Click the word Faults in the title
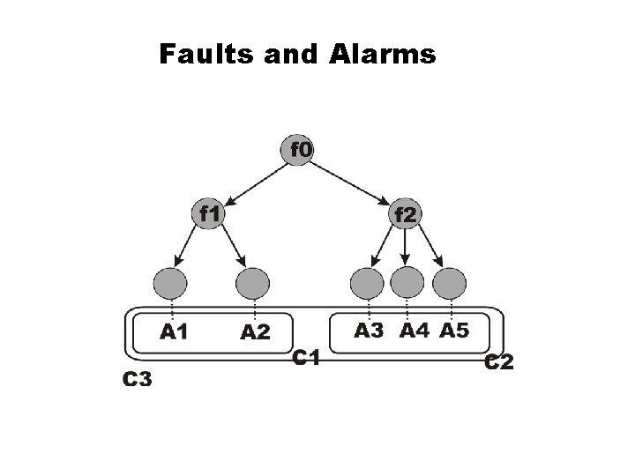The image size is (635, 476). coord(203,56)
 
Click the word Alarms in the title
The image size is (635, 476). coord(385,56)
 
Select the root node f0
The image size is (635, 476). coord(300,149)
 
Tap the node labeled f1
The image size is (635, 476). coord(210,213)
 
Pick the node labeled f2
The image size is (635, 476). coord(405,213)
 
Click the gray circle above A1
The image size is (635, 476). coord(171,283)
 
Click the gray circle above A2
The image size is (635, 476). coord(253,283)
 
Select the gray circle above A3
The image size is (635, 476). coord(367,283)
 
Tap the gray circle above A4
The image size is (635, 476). coord(407,283)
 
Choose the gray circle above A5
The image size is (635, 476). coord(449,283)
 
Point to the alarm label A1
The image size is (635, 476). coord(174,332)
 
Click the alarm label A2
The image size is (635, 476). coord(256,332)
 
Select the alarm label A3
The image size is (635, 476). coord(370,331)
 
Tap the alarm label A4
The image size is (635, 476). coord(413,331)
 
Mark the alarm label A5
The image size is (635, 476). coord(454,331)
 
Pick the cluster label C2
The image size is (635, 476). coord(500,361)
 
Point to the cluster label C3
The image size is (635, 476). coord(137,380)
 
